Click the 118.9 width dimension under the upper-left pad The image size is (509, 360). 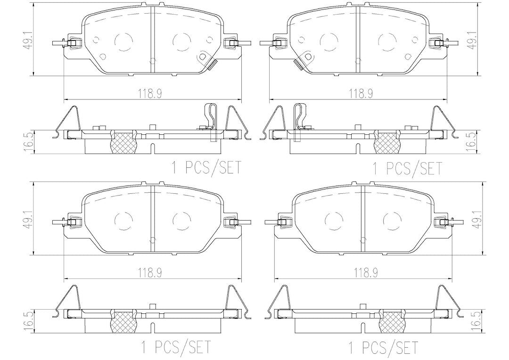[150, 94]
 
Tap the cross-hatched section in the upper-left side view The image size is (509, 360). [123, 142]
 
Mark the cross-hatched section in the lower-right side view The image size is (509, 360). [392, 321]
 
